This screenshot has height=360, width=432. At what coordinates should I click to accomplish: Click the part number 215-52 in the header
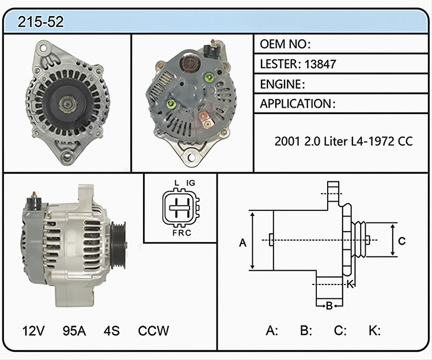40,22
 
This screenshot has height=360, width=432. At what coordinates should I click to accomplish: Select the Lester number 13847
320,64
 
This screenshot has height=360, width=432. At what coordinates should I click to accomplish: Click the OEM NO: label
285,44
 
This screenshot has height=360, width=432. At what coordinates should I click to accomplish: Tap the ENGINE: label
282,84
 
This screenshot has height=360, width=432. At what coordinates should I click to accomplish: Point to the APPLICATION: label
298,104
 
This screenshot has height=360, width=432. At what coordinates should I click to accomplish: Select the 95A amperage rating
74,331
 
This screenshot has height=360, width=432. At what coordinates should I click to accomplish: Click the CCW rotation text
153,331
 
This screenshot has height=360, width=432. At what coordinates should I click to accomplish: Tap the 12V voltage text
33,331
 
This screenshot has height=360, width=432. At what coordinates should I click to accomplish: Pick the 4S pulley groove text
112,331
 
